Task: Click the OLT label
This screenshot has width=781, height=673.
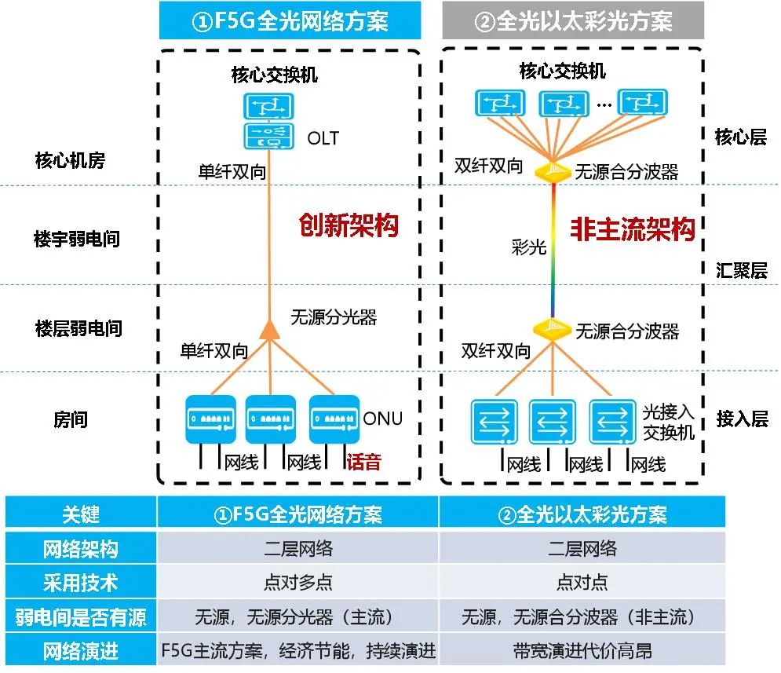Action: pos(323,138)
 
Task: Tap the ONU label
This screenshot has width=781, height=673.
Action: pos(382,419)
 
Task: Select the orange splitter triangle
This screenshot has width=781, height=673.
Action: pos(269,331)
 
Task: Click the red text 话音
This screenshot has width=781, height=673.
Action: pos(363,462)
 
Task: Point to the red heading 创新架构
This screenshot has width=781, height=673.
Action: pos(349,225)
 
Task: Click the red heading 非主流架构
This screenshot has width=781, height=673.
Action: pos(633,229)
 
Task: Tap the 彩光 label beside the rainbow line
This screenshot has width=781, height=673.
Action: pos(529,247)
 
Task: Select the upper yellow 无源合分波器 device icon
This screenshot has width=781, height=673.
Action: pos(553,172)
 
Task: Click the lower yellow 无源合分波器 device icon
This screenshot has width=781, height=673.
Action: pos(552,329)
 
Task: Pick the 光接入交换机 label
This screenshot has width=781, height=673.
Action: pos(669,422)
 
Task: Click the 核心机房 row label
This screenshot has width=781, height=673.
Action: pos(70,160)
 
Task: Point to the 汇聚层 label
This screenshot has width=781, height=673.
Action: pos(742,270)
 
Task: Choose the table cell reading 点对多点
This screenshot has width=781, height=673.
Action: pos(297,582)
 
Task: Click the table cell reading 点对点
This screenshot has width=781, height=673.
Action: pos(582,582)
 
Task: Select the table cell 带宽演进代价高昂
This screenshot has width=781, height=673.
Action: pos(582,650)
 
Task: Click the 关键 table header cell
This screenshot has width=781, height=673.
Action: pos(81,514)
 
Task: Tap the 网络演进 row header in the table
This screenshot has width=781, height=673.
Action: pos(81,650)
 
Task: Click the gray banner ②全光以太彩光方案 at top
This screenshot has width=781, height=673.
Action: pos(573,20)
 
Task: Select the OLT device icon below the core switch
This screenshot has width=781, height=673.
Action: pos(268,136)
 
